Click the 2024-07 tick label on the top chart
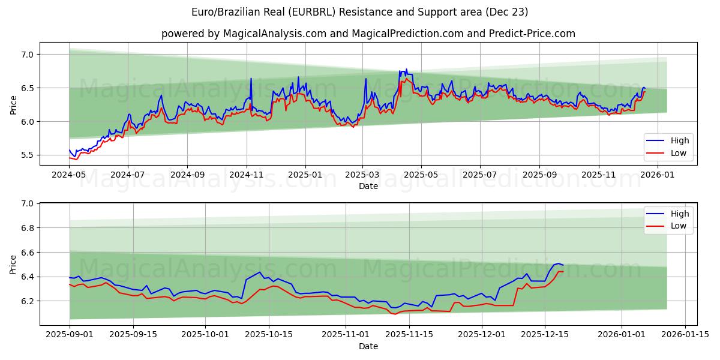click(128, 174)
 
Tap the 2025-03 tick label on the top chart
click(362, 174)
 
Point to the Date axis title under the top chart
click(368, 186)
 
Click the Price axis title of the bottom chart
click(13, 265)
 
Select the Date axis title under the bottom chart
click(368, 347)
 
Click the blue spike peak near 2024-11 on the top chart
click(251, 79)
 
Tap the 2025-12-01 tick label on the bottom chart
click(482, 335)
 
